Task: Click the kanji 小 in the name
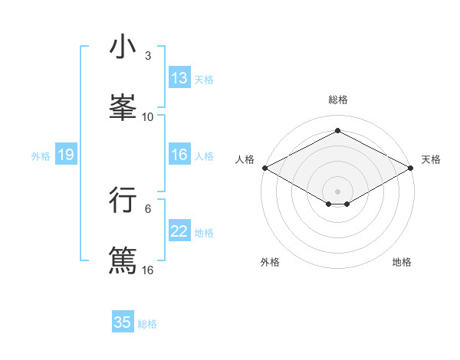[123, 47]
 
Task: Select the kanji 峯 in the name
[123, 106]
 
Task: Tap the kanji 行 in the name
[123, 199]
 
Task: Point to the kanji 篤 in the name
[123, 259]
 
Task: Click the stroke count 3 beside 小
[148, 56]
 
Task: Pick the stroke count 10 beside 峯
[148, 116]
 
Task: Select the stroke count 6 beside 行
[148, 208]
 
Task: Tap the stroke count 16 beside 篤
[148, 270]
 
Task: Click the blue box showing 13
[179, 78]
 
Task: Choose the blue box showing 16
[179, 155]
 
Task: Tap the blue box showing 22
[179, 231]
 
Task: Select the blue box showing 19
[66, 155]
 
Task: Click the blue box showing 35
[123, 322]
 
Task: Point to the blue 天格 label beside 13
[204, 79]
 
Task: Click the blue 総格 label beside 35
[147, 323]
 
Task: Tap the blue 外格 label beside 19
[41, 155]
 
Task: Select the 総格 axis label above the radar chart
[338, 100]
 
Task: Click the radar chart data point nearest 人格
[264, 168]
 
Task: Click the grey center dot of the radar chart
[338, 191]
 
